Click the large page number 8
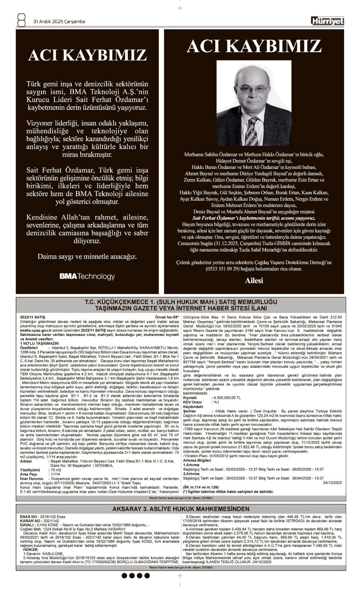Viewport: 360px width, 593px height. (x=21, y=21)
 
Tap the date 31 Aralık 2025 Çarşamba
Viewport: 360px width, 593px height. (x=59, y=22)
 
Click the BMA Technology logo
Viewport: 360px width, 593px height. (x=87, y=277)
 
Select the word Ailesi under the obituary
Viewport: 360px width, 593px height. (x=254, y=281)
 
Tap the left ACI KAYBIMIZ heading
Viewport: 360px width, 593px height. (x=87, y=55)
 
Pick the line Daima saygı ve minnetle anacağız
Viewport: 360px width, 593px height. (x=87, y=256)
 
